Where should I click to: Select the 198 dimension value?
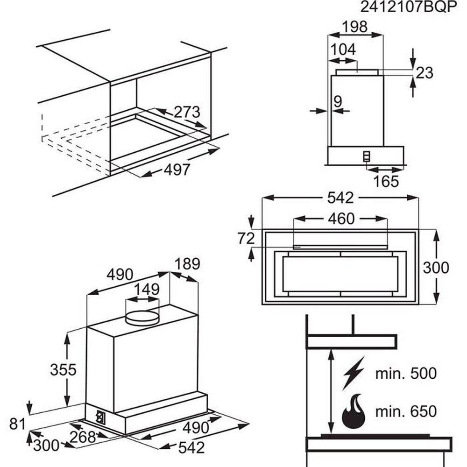[355, 27]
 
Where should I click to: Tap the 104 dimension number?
[343, 49]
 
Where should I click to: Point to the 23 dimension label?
[425, 72]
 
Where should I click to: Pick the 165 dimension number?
[386, 181]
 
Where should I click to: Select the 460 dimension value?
[341, 219]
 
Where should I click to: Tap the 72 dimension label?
[246, 238]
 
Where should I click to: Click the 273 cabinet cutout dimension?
[186, 112]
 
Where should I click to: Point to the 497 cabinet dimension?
[177, 170]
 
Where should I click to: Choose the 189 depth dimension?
[187, 264]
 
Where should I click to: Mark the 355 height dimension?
[63, 369]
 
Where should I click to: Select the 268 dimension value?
[83, 437]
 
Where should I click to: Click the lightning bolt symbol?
[354, 373]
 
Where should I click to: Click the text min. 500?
[406, 373]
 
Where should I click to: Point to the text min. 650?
[406, 411]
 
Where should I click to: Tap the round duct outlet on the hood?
[142, 317]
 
